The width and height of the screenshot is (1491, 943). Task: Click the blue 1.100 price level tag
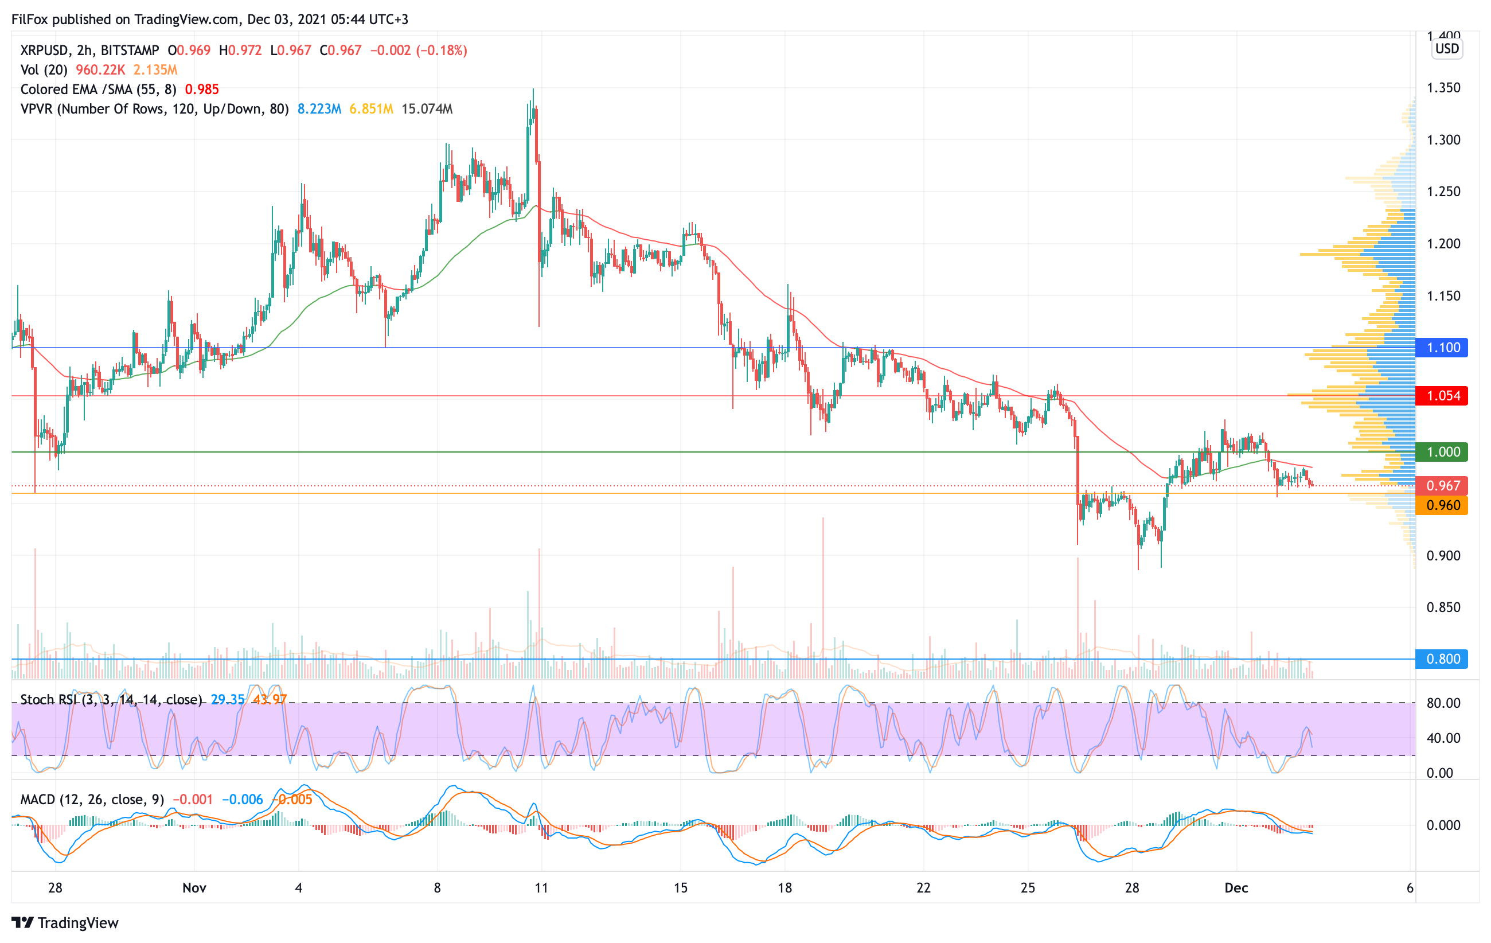[x=1442, y=348]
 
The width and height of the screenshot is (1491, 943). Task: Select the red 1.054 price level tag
[x=1442, y=396]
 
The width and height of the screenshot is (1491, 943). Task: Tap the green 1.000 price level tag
[x=1442, y=452]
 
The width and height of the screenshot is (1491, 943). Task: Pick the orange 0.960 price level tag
[x=1442, y=505]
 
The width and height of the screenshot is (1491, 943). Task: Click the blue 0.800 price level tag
[x=1442, y=659]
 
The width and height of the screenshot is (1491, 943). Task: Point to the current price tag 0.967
[x=1442, y=486]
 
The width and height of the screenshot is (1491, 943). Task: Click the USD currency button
[x=1447, y=48]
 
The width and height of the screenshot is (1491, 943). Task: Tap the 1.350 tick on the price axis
[x=1443, y=88]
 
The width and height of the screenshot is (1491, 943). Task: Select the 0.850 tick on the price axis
[x=1443, y=607]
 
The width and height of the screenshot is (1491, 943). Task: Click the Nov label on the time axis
[x=194, y=888]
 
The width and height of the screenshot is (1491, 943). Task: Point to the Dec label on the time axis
[x=1236, y=888]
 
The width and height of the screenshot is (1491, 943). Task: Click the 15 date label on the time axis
[x=680, y=888]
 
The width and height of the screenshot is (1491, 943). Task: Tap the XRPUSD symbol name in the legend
[x=44, y=50]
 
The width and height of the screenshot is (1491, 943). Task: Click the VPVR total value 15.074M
[x=427, y=109]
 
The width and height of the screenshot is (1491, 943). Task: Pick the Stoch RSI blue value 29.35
[x=227, y=700]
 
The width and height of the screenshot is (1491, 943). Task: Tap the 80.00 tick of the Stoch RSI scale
[x=1443, y=703]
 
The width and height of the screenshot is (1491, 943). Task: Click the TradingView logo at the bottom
[x=65, y=922]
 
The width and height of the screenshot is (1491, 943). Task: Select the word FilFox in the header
[x=30, y=19]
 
